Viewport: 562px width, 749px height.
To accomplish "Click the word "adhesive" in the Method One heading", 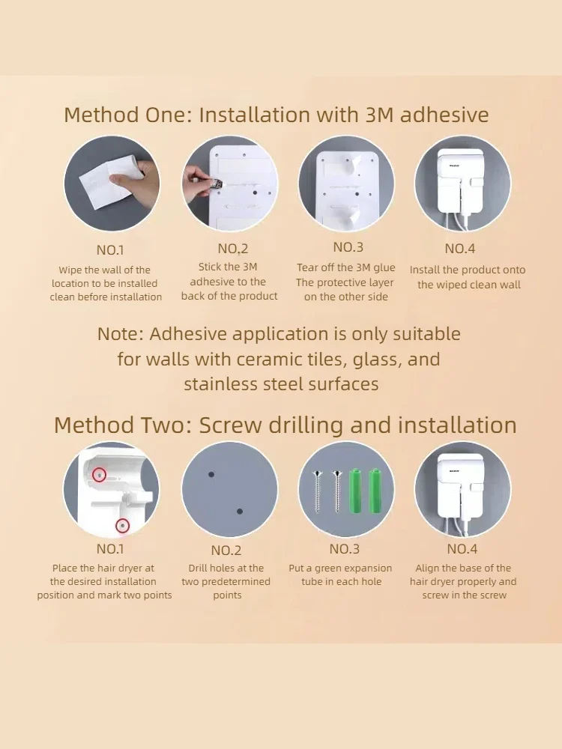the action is (444, 115).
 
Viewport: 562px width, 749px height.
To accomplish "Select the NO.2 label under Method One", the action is (233, 249).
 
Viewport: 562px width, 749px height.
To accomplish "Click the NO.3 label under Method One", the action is (348, 247).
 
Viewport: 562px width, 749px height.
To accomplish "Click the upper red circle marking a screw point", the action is (99, 475).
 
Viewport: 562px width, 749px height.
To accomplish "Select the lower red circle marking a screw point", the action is (123, 526).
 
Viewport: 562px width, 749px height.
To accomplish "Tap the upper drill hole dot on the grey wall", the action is (211, 474).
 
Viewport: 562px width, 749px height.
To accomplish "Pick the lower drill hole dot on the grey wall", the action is (240, 511).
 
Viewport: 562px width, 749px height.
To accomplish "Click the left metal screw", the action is (317, 491).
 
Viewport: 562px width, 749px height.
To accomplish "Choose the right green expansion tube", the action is (374, 491).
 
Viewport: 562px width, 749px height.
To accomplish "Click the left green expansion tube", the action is (355, 491).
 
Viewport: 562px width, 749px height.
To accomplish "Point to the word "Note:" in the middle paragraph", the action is (121, 334).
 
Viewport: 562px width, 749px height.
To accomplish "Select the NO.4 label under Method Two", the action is (462, 549).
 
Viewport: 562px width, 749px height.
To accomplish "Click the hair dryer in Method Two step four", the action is (462, 492).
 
